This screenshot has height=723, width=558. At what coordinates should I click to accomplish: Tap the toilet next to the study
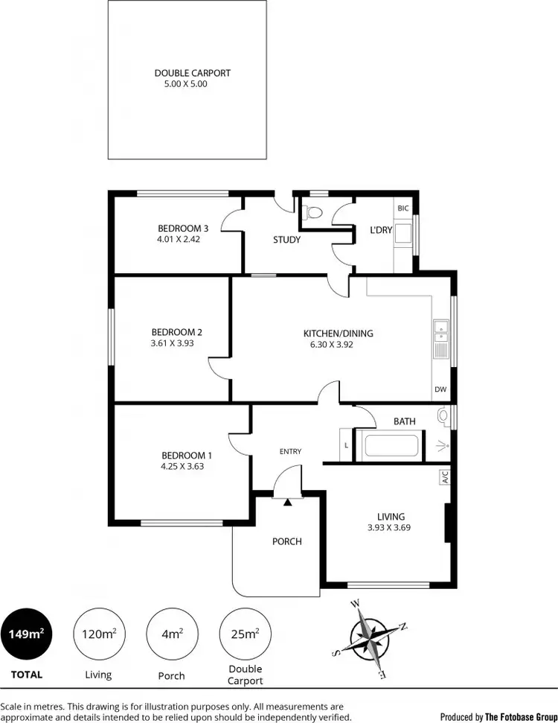313,213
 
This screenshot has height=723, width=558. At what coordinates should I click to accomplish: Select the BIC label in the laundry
403,208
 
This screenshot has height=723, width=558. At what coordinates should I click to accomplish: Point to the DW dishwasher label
440,390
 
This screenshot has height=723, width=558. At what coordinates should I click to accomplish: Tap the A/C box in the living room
443,476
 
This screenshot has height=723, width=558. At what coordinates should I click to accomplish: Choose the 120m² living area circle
98,634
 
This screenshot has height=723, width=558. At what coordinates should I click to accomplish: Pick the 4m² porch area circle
172,634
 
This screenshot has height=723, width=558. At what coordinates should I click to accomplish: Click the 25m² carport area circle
246,634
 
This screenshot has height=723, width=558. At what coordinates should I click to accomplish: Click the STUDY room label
286,240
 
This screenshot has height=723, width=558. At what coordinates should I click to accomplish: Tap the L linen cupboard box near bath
347,446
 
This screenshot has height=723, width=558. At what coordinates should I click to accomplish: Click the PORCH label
286,541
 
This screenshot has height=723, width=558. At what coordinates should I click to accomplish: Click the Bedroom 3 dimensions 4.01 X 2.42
179,240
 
